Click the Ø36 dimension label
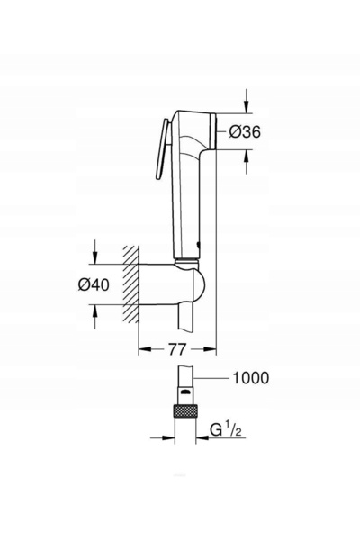(x=246, y=132)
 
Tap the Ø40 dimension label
(x=94, y=284)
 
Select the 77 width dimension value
(x=177, y=349)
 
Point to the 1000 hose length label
(x=251, y=378)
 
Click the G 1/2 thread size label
(x=226, y=430)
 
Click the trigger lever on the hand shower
(x=162, y=149)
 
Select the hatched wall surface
(x=131, y=284)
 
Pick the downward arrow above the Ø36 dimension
(x=246, y=101)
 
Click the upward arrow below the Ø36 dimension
(x=246, y=162)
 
